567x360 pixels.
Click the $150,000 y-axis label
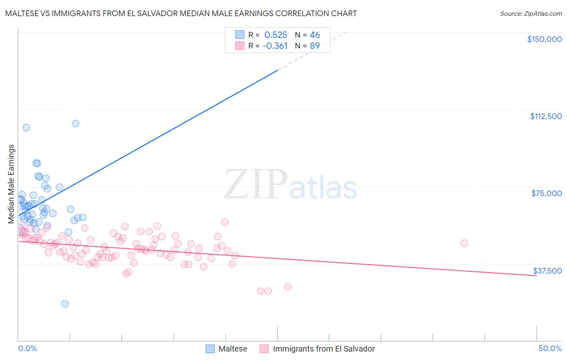(x=544, y=39)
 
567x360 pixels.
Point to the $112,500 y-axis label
(x=546, y=116)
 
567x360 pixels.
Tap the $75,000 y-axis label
(x=546, y=193)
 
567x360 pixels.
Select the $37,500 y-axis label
(x=547, y=271)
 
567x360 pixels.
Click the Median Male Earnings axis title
(x=11, y=184)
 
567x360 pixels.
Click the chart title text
(x=181, y=13)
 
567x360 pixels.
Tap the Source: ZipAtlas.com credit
(x=531, y=14)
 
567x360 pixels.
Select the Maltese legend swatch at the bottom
(x=210, y=349)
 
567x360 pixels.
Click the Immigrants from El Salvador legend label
(x=323, y=349)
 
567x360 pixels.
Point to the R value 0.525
(x=275, y=35)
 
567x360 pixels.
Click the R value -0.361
(x=275, y=46)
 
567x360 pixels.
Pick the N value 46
(x=315, y=35)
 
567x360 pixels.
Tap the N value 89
(x=315, y=46)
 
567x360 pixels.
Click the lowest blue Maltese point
(x=65, y=303)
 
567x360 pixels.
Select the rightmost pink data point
(x=464, y=243)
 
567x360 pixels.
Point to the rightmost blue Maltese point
(x=83, y=218)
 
